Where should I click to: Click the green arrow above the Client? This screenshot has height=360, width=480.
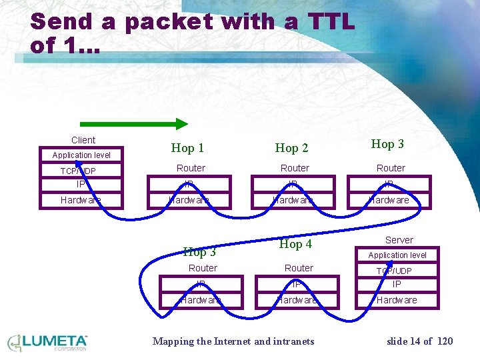pos(134,123)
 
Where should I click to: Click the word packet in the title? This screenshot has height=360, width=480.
pos(166,22)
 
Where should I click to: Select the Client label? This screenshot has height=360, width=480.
pos(83,140)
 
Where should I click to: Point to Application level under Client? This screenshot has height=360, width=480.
pos(81,155)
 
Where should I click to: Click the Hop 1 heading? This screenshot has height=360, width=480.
pos(187,148)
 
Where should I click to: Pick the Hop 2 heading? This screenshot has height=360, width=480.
pos(292,148)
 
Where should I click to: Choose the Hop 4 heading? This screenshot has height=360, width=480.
pos(295,244)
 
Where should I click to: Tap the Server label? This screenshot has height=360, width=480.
pos(399,240)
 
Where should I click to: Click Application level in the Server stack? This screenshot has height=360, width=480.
pos(397,255)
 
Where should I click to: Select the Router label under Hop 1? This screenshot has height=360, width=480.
pos(191,168)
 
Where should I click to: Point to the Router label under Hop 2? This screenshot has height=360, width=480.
pos(295,168)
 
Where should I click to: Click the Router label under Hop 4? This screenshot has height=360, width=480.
pos(299,268)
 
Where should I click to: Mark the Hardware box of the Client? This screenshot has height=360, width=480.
pos(81,200)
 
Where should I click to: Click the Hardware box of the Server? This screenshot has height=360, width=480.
pos(397,300)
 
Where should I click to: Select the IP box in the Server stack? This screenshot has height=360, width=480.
pos(397,285)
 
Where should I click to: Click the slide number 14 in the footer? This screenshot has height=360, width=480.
pos(415,341)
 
